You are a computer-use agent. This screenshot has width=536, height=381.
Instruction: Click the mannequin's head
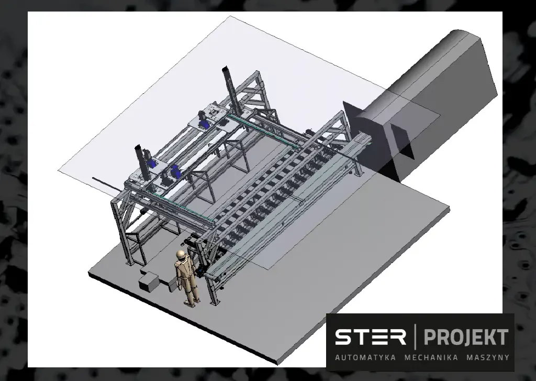[181, 255]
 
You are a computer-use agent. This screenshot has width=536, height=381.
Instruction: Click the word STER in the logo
[370, 337]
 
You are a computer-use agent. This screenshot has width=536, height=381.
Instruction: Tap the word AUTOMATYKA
[365, 357]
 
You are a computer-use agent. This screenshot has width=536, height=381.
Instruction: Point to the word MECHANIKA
[431, 357]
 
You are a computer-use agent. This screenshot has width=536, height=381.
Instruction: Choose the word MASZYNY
[488, 357]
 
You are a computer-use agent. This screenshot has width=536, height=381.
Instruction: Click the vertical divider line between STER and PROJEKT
[415, 337]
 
